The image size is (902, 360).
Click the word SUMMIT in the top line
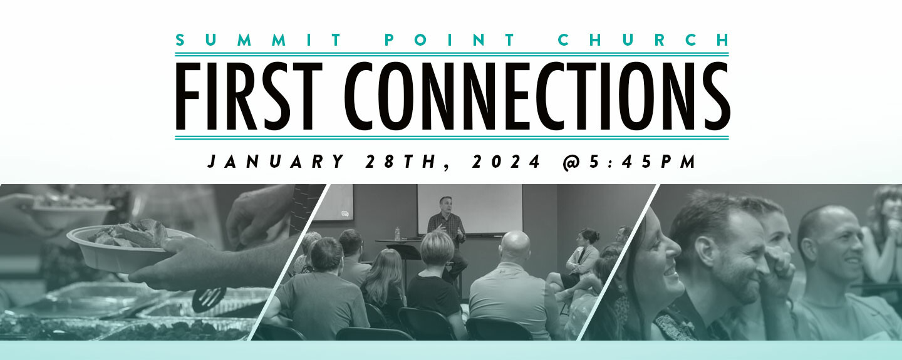(258, 40)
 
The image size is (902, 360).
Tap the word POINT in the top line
(449, 40)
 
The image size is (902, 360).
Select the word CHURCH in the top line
(643, 40)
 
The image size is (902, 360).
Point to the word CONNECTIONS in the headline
(537, 96)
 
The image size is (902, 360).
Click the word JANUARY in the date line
(276, 162)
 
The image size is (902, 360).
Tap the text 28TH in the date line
(402, 162)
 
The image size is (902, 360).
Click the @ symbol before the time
(571, 162)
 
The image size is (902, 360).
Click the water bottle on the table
(397, 234)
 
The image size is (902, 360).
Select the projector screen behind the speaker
(470, 209)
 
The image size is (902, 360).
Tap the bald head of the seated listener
(515, 245)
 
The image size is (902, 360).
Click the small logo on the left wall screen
(345, 214)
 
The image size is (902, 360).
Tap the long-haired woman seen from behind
(385, 282)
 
